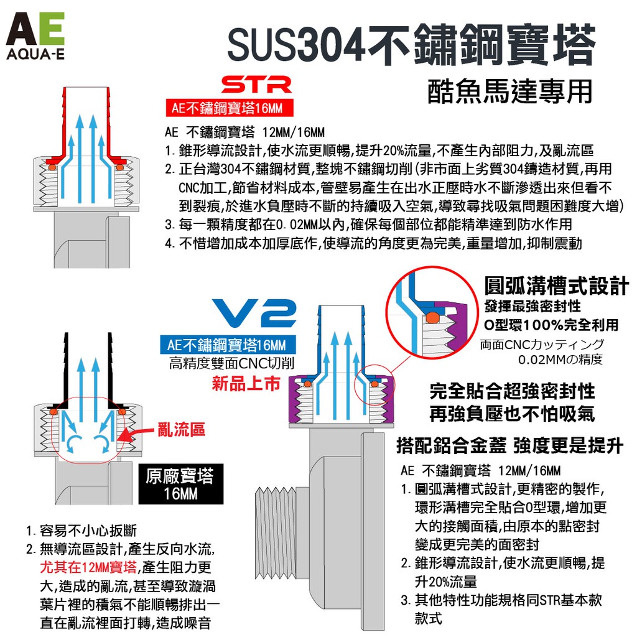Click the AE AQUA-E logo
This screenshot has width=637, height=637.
35,35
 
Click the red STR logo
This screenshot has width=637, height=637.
257,85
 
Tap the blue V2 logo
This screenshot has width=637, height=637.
254,314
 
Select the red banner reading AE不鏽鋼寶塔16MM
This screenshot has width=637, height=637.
230,108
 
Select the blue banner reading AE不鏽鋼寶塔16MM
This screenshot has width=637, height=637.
228,345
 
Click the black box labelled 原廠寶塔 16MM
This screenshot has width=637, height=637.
181,484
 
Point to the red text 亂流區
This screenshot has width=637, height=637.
181,429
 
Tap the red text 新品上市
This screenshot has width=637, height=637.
246,383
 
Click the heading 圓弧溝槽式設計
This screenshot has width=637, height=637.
556,286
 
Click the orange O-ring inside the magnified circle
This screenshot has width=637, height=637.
432,317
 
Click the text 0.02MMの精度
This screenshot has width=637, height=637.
560,360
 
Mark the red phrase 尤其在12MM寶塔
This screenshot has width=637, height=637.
88,567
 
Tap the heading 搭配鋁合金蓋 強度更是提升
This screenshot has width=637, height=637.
509,445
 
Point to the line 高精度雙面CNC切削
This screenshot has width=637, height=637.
231,363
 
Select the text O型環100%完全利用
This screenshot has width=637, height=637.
551,325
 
